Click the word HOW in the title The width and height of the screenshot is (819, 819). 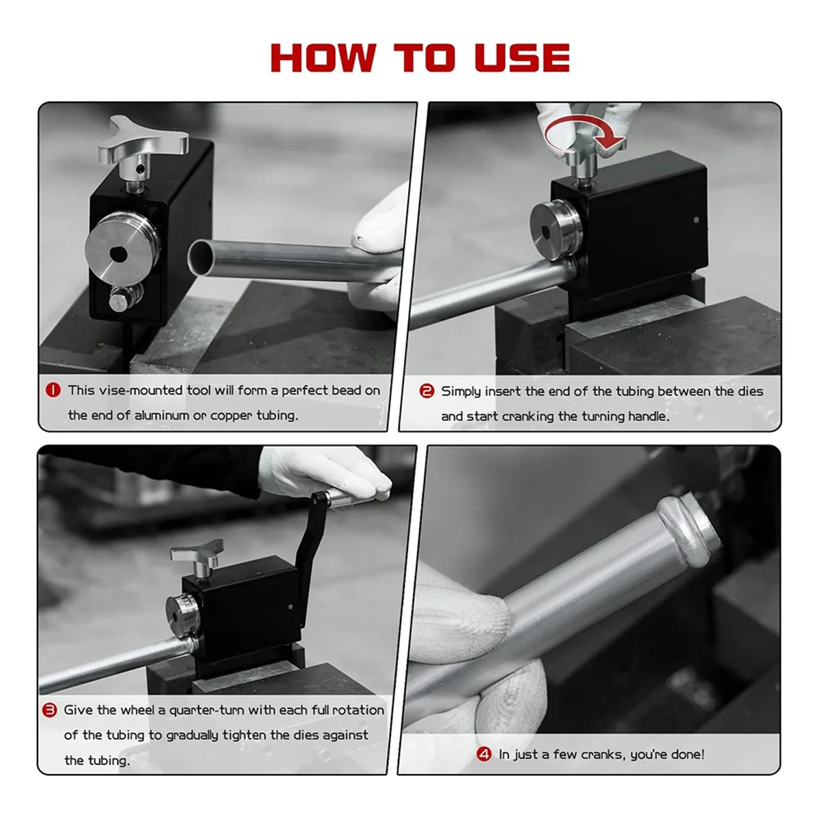[323, 57]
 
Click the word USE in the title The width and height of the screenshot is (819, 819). [522, 57]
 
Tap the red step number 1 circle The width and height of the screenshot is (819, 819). [53, 390]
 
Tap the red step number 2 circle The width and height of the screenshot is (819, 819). [427, 390]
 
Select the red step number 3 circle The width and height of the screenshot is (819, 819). [50, 710]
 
